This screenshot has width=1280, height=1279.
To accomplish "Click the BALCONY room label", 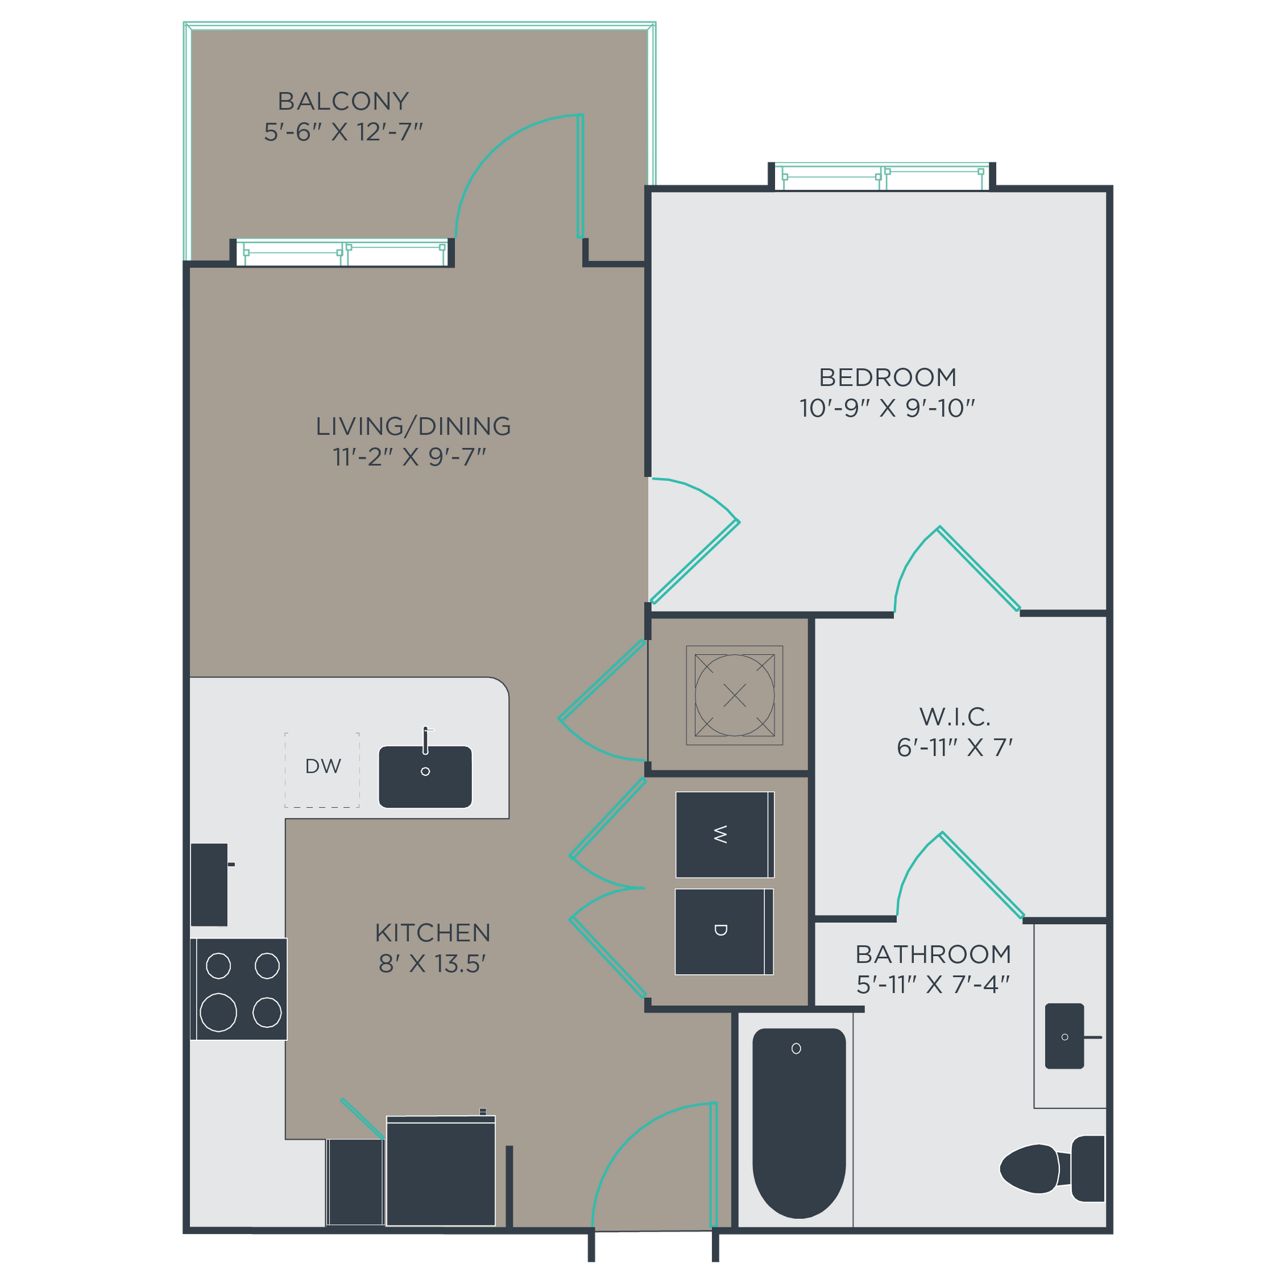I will point(342,101).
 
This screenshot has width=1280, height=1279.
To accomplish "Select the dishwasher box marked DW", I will point(322,769).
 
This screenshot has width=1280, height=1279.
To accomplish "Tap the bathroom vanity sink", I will point(1063,1036).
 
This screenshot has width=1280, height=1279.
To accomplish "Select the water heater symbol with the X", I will point(734,695).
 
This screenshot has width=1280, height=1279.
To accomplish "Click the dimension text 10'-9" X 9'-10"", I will point(887,408).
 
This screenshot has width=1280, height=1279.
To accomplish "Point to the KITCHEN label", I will point(432,933).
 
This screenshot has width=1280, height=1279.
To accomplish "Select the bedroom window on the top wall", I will point(882,177).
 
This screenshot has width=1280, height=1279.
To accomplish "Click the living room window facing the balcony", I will point(343,252).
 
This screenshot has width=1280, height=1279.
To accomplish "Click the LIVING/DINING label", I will point(412,426).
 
